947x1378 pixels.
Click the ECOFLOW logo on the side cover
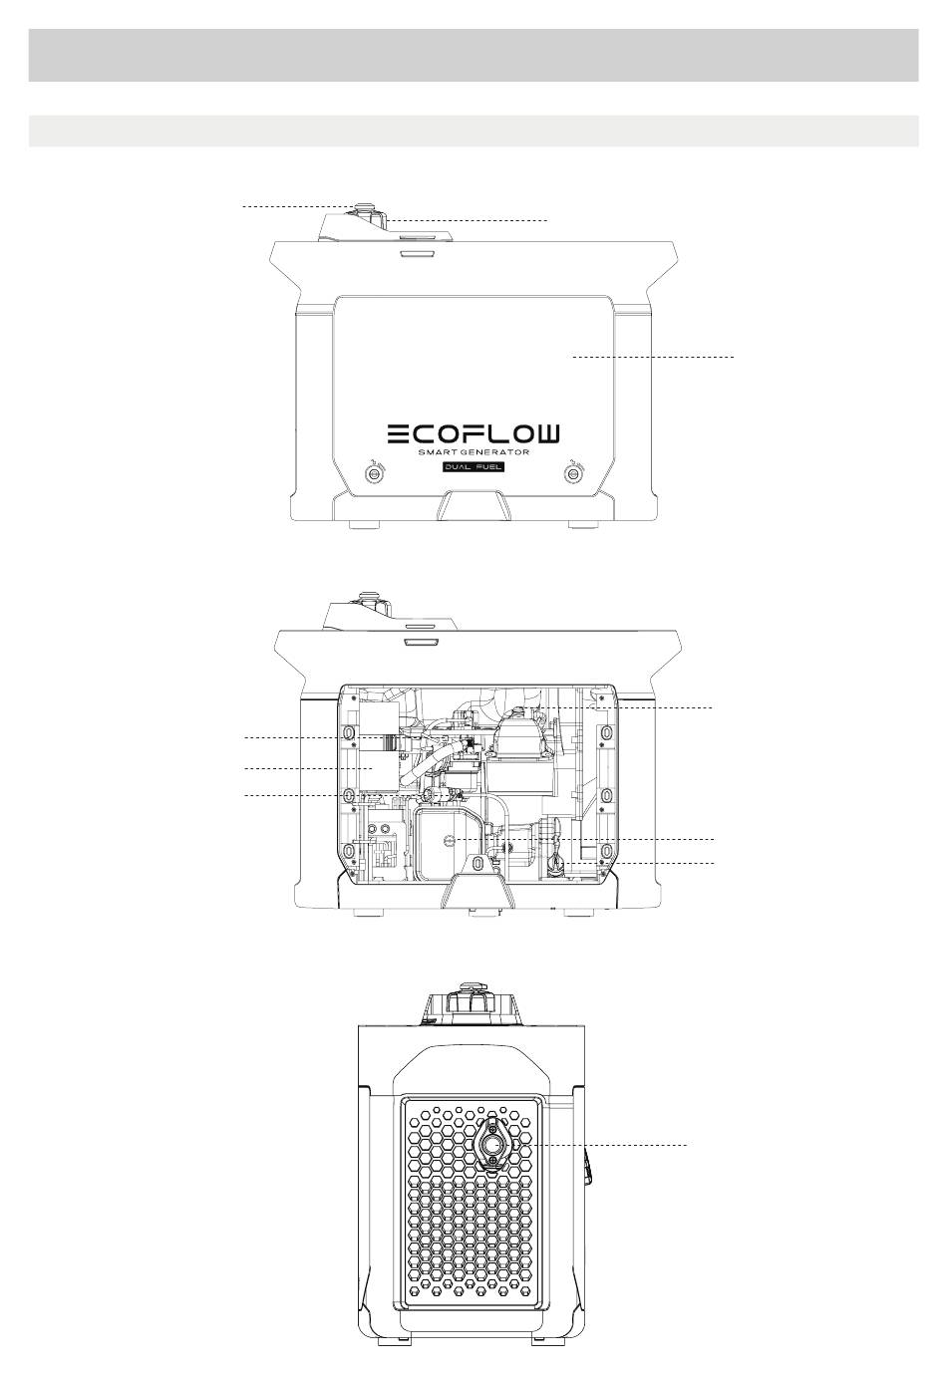click(x=473, y=433)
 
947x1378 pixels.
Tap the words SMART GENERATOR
click(x=473, y=452)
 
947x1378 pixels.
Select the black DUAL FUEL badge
click(x=473, y=467)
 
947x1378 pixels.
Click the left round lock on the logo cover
click(x=373, y=472)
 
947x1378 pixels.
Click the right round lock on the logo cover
click(x=573, y=472)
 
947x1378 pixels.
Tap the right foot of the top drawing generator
click(x=583, y=525)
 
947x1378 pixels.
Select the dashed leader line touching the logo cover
click(x=654, y=357)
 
